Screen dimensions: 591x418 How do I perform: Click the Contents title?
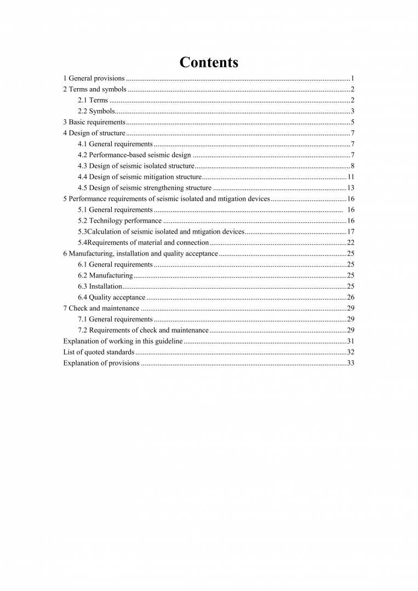209,62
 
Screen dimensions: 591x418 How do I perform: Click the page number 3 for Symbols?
353,111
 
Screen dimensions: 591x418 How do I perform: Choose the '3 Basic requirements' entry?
94,122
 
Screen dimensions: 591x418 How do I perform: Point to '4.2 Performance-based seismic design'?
134,155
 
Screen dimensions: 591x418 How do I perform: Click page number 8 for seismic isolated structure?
353,166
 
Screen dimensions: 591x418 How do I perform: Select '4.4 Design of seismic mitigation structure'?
140,177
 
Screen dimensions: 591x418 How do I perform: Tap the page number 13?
351,188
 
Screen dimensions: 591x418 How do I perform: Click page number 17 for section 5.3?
351,231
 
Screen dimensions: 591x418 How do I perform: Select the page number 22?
351,242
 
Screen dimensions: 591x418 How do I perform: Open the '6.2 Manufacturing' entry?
105,275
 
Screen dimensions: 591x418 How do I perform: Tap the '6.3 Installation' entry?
100,286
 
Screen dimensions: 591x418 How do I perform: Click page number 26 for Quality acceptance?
351,297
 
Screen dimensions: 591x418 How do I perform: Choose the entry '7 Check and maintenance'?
101,308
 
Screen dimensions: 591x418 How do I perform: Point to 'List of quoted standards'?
99,352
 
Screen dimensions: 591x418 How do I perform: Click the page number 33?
351,363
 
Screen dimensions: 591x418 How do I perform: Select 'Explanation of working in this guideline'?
123,341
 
